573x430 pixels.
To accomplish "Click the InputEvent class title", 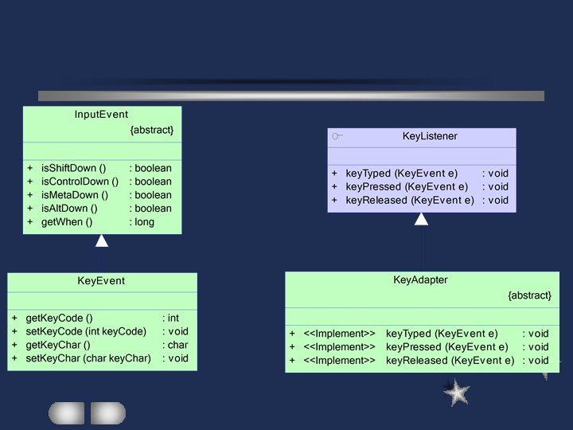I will [101, 115].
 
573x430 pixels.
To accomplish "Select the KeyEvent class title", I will [101, 281].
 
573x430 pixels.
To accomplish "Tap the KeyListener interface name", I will [430, 137].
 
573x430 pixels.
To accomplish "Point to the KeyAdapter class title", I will [420, 280].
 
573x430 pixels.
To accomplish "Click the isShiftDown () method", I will [73, 169].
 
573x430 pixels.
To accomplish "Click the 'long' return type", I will [145, 222].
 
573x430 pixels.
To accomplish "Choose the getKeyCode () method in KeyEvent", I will [59, 318].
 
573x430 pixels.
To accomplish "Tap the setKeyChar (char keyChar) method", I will [88, 358].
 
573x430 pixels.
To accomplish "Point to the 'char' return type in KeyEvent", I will [177, 345].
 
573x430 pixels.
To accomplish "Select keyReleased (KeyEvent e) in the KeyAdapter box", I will [450, 361].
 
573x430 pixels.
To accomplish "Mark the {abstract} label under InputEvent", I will [151, 130].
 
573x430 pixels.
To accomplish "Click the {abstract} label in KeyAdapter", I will [529, 295].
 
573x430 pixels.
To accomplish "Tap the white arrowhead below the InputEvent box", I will [102, 240].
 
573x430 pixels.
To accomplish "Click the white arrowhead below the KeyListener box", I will [421, 219].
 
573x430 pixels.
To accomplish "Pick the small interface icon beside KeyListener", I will [337, 137].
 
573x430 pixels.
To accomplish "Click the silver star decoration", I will [456, 393].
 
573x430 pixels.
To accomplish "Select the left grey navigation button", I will [66, 412].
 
